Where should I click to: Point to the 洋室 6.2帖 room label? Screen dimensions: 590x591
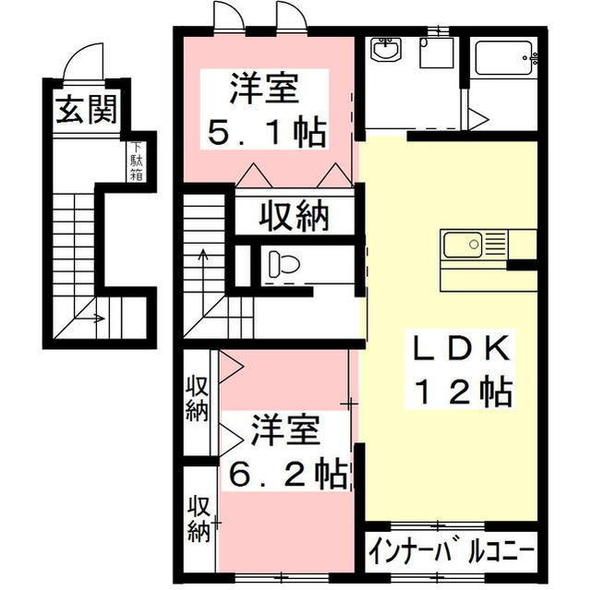tap(286, 452)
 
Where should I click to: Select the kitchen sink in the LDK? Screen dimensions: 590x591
tap(465, 245)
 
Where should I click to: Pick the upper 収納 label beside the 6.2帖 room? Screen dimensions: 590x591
tap(196, 399)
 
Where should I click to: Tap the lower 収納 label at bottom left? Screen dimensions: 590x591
tap(198, 519)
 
